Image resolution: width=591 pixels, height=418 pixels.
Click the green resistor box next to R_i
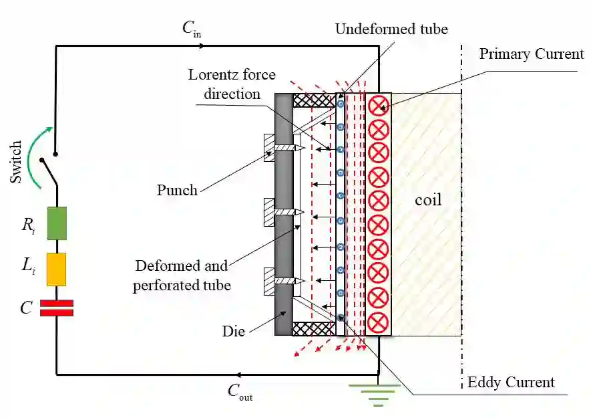pyautogui.click(x=56, y=223)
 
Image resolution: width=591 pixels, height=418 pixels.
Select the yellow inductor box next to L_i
pyautogui.click(x=56, y=269)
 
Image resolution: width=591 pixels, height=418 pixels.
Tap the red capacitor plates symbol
pyautogui.click(x=56, y=308)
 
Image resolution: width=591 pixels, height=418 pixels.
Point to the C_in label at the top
pyautogui.click(x=191, y=29)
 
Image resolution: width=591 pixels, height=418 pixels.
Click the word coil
pyautogui.click(x=427, y=200)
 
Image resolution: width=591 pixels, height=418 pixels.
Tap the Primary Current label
pyautogui.click(x=532, y=54)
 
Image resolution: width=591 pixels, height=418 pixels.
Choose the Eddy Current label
pyautogui.click(x=511, y=383)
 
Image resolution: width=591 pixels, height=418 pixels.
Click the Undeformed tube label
pyautogui.click(x=391, y=29)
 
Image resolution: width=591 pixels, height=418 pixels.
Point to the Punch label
pyautogui.click(x=177, y=190)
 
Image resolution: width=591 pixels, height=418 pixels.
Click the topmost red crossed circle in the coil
pyautogui.click(x=378, y=105)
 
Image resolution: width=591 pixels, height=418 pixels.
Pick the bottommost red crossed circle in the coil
pyautogui.click(x=378, y=321)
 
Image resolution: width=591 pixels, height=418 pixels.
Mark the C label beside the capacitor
pyautogui.click(x=26, y=308)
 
